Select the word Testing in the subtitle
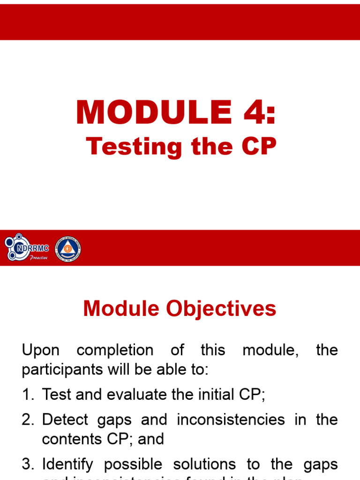(x=133, y=147)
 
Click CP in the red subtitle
(x=259, y=147)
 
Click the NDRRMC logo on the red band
(x=27, y=248)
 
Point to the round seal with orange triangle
(x=68, y=248)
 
